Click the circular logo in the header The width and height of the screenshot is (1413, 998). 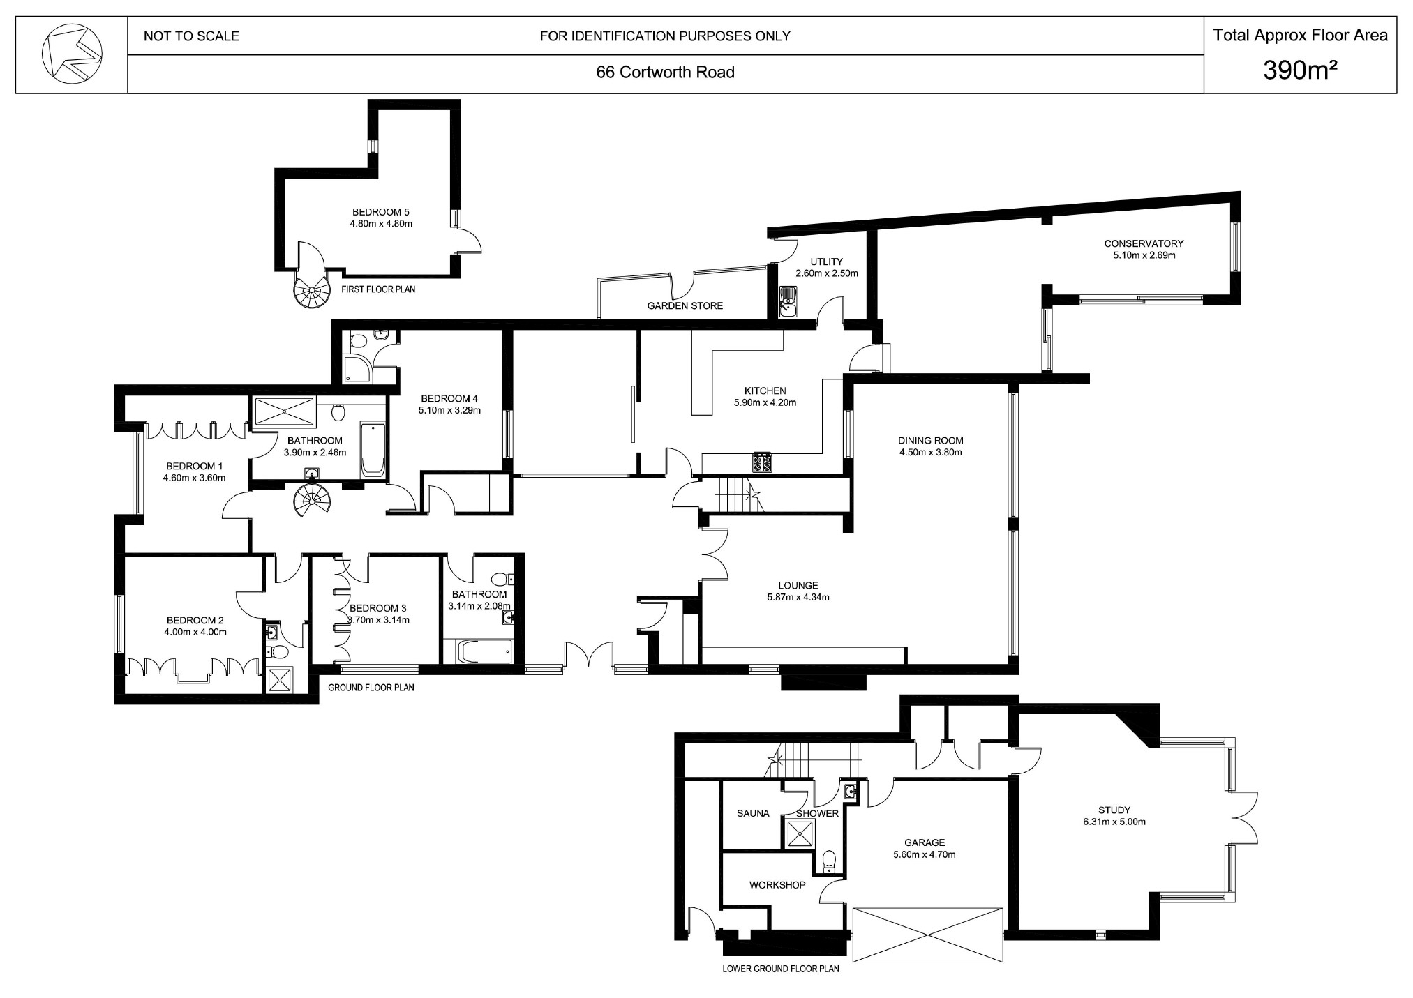click(x=72, y=52)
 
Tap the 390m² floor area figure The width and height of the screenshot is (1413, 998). click(x=1300, y=70)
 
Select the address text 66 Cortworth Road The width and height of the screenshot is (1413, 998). click(x=665, y=73)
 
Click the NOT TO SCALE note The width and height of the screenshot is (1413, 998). click(x=191, y=36)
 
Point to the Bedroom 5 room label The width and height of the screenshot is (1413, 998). click(x=380, y=212)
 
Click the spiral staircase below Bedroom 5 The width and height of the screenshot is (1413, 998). click(x=311, y=291)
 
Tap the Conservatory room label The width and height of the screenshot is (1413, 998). click(x=1144, y=243)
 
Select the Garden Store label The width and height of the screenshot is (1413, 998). click(x=685, y=305)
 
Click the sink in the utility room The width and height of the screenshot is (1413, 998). click(x=788, y=301)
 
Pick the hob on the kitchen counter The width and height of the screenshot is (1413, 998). click(x=762, y=462)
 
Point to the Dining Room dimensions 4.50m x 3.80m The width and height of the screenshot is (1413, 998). click(x=931, y=452)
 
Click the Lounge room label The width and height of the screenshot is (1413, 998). click(x=798, y=585)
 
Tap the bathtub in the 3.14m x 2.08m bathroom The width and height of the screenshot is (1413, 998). click(x=484, y=651)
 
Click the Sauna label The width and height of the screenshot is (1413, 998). click(x=753, y=813)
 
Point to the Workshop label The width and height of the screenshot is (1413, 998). click(x=777, y=884)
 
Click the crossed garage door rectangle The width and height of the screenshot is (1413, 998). click(x=927, y=935)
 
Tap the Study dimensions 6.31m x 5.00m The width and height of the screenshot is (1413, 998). click(x=1114, y=822)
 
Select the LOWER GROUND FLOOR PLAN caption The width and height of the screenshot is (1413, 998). click(x=781, y=968)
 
